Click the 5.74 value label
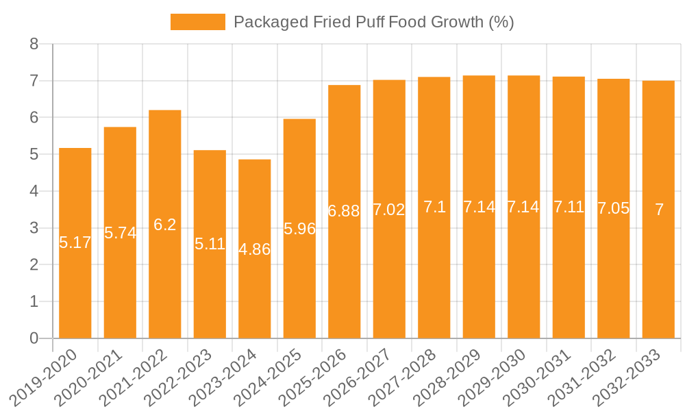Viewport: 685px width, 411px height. (121, 233)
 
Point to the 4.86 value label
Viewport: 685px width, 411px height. (255, 249)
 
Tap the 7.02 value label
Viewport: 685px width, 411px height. (389, 210)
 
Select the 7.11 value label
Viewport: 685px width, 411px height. (569, 207)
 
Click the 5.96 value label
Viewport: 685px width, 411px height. (299, 229)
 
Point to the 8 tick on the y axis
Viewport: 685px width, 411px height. (34, 45)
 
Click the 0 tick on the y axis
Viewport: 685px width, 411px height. (34, 338)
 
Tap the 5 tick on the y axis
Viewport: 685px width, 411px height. (34, 155)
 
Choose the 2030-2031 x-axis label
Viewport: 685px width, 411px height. (541, 377)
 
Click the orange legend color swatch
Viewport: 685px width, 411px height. (197, 22)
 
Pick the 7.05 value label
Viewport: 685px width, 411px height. (613, 208)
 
